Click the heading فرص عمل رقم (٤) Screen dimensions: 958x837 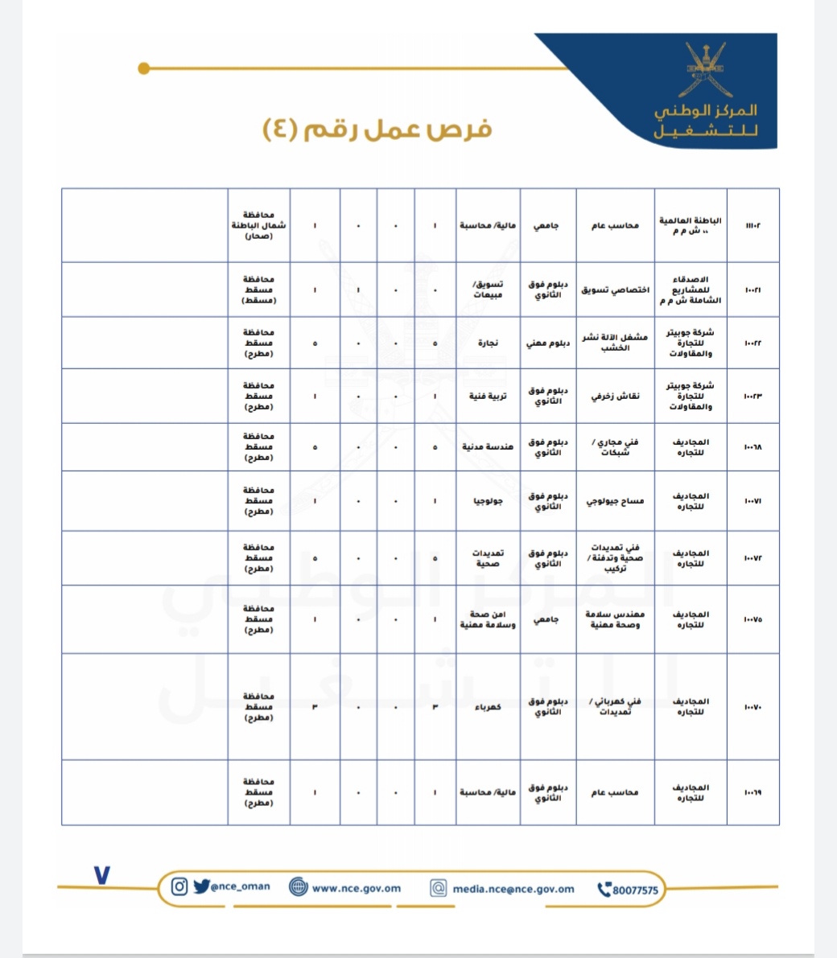pos(377,130)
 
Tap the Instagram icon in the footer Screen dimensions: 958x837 pos(180,887)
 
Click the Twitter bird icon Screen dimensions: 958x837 pos(201,887)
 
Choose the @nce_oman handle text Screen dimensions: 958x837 pos(241,887)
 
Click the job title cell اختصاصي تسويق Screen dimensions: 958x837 pos(616,290)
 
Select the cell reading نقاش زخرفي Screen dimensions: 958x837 pos(616,396)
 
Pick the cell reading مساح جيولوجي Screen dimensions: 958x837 pos(616,501)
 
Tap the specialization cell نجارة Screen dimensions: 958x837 pos(488,343)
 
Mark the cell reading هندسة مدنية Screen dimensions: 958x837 pos(488,447)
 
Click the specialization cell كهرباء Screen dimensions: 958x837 pos(488,707)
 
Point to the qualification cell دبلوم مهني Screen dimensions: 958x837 pos(548,343)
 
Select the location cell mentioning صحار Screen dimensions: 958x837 pos(259,226)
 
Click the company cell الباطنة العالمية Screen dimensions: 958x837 pos(691,225)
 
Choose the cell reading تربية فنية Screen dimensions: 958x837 pos(488,396)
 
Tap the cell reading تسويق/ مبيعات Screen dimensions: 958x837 pos(488,290)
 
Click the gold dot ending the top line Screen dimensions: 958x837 pos(144,69)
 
